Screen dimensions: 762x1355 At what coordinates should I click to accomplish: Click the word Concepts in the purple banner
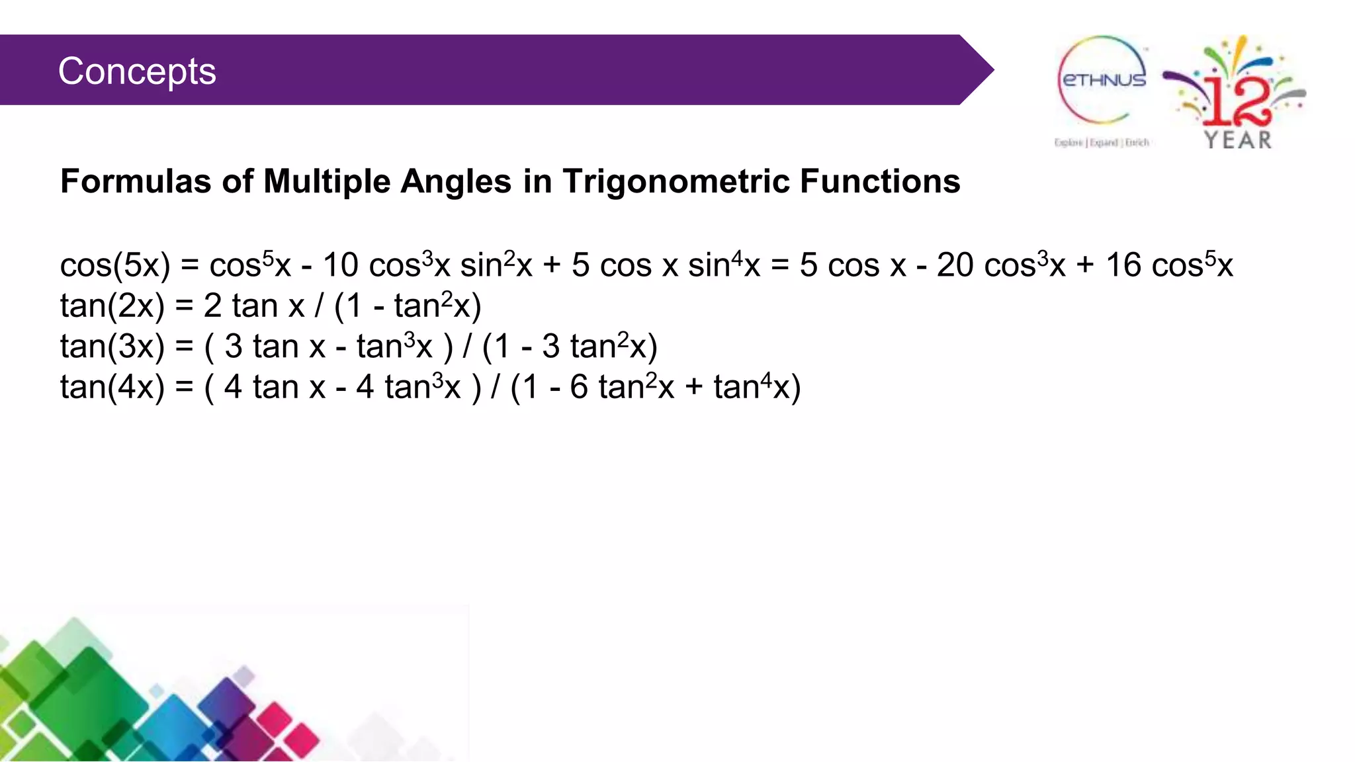click(137, 71)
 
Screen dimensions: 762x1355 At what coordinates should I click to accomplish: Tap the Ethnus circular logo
click(1103, 80)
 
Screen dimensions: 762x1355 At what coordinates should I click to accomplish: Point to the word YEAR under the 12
click(1238, 140)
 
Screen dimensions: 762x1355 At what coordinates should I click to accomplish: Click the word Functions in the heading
click(880, 181)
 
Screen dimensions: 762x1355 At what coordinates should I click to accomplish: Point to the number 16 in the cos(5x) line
click(1123, 266)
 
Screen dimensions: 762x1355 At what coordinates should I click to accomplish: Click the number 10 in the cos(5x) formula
click(340, 266)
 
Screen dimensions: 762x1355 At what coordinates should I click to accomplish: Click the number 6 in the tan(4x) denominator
click(579, 387)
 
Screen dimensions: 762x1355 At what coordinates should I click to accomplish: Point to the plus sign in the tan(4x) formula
click(693, 388)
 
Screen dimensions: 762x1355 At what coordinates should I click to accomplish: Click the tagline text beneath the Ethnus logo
click(1102, 142)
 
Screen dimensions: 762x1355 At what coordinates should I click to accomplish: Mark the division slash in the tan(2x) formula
click(319, 306)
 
